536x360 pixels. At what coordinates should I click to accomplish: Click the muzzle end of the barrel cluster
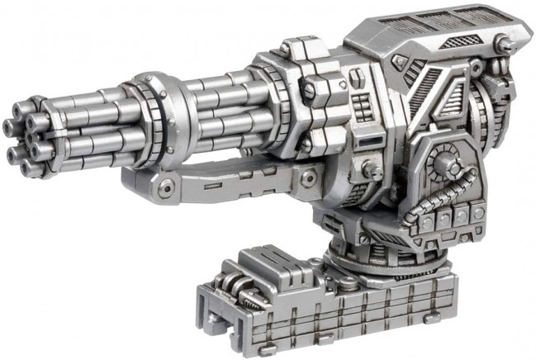[x=25, y=137]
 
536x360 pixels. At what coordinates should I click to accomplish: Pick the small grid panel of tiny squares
[x=362, y=103]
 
